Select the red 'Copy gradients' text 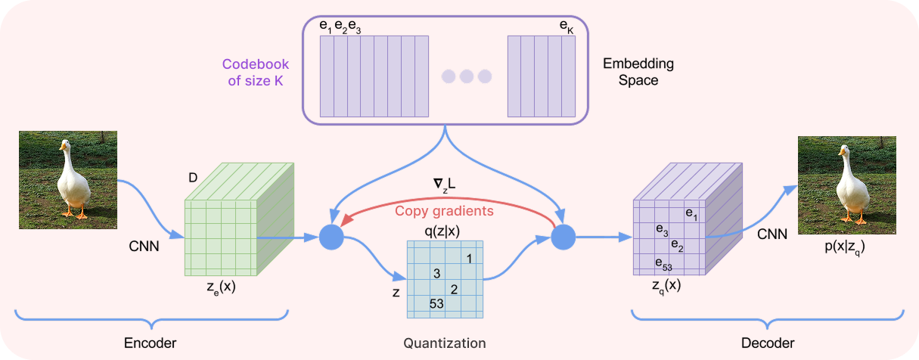click(x=444, y=210)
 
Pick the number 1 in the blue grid click(x=469, y=259)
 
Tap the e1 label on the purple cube click(x=691, y=213)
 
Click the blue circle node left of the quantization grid click(x=331, y=237)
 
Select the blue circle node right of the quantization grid click(x=563, y=237)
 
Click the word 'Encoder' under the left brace click(x=150, y=343)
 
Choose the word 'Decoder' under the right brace click(x=768, y=343)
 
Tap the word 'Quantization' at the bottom click(x=444, y=343)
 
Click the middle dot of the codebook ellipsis click(x=467, y=76)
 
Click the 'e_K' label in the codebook click(x=566, y=26)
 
